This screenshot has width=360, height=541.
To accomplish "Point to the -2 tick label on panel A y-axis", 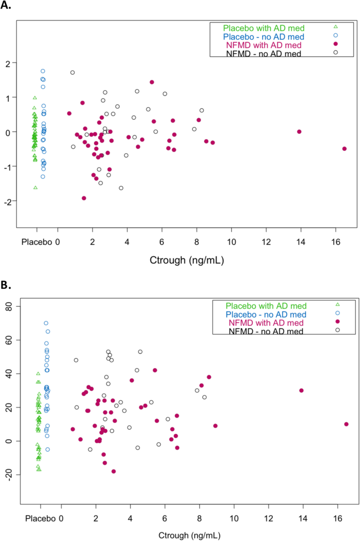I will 8,201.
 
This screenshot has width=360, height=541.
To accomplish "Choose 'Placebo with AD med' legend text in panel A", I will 263,27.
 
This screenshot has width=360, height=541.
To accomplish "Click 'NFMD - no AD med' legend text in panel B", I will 265,330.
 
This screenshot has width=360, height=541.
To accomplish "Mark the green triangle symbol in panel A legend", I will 336,27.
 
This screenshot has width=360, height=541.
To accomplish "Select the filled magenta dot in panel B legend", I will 337,321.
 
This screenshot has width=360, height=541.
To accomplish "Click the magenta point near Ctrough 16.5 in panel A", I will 345,149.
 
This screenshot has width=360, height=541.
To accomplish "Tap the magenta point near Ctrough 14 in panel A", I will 299,131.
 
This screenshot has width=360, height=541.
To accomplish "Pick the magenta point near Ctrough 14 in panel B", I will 301,390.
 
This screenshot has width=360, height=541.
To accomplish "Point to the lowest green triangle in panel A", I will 36,188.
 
